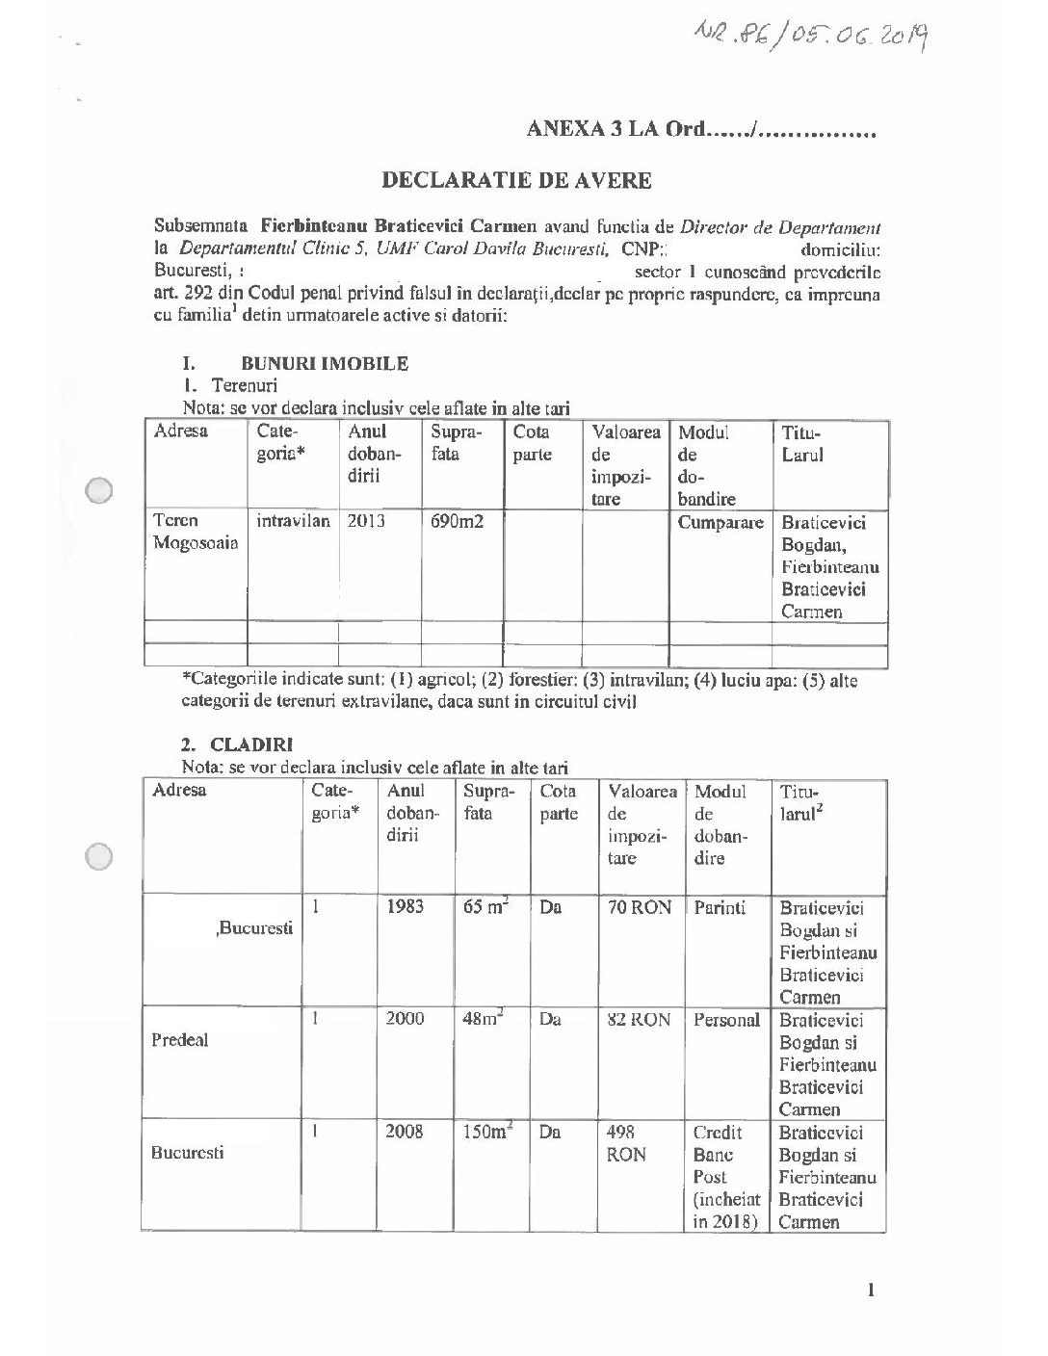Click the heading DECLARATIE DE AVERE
[x=517, y=179]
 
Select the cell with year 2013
[x=366, y=522]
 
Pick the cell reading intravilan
[x=293, y=522]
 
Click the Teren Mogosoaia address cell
[x=196, y=533]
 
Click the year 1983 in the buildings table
[x=405, y=907]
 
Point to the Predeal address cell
[x=179, y=1040]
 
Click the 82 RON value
[x=639, y=1020]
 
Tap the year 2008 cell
[x=405, y=1132]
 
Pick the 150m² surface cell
[x=486, y=1133]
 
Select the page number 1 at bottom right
[x=871, y=1290]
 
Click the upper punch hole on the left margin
[x=100, y=490]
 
